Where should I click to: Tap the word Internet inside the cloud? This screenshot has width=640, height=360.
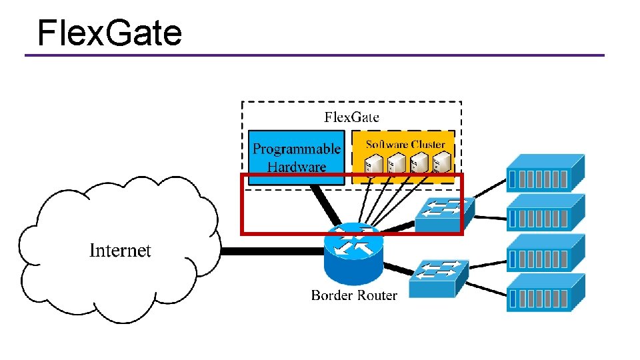(x=120, y=251)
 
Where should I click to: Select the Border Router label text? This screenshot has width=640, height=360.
(x=354, y=295)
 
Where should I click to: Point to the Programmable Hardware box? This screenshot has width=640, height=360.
(x=296, y=157)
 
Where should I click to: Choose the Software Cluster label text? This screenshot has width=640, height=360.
(x=405, y=145)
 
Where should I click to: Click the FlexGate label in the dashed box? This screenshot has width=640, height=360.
(x=351, y=117)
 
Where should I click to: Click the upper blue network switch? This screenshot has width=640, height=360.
(x=445, y=214)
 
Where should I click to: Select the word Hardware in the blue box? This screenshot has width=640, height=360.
(x=297, y=167)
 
